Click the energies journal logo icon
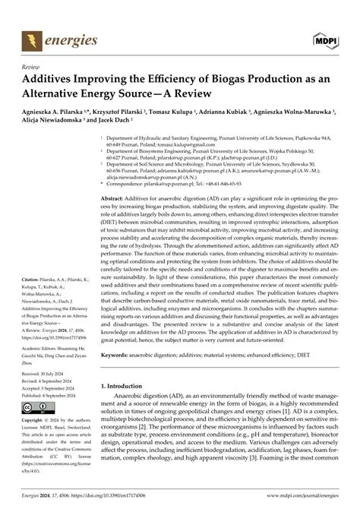(x=30, y=37)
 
